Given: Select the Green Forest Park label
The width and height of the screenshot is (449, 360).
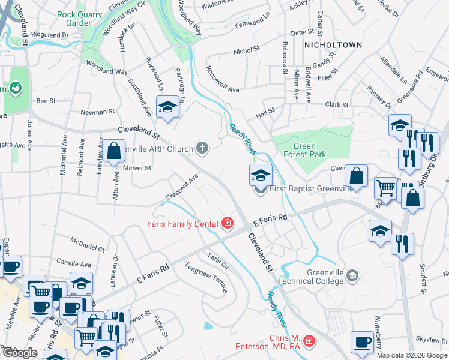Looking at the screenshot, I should (309, 150).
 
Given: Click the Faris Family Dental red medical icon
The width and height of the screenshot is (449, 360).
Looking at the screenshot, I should (227, 224).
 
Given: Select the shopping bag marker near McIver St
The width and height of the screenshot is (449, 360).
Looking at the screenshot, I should (114, 151).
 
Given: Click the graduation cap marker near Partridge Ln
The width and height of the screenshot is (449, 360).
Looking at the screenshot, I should (167, 108).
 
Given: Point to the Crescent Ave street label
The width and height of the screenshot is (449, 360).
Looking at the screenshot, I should (183, 188).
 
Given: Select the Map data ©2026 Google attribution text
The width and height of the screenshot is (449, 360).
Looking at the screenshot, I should (412, 355).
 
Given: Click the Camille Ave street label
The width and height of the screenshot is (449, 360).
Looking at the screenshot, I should (74, 263).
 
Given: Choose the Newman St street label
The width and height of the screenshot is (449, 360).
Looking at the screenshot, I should (98, 112).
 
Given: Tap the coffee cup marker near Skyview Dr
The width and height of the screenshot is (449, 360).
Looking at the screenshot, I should (362, 342).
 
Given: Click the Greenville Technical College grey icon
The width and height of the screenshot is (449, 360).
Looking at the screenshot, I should (353, 276).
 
